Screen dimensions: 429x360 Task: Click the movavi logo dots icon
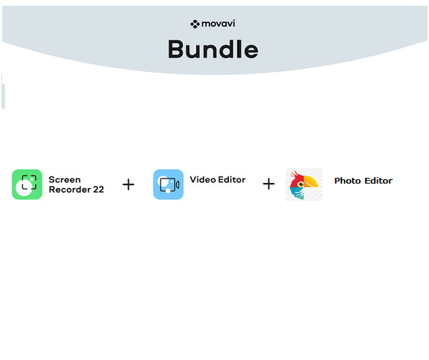click(x=195, y=24)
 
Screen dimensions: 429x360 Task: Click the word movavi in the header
click(x=218, y=24)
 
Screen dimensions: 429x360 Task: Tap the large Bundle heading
click(x=213, y=49)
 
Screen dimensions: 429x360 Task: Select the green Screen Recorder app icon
click(x=27, y=184)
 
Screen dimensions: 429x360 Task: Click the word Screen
click(x=65, y=179)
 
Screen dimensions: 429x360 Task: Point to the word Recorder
click(x=70, y=189)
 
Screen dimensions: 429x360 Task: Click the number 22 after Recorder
click(x=99, y=189)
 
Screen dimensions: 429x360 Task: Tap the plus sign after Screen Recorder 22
click(x=128, y=184)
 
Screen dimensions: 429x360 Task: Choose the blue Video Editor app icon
click(x=168, y=184)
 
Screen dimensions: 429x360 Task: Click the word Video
click(x=203, y=179)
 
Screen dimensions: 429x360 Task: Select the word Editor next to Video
click(x=232, y=179)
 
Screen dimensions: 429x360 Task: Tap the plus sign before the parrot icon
click(x=268, y=184)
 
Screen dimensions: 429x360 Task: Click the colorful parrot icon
click(x=304, y=184)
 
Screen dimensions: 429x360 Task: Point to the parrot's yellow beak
click(x=311, y=181)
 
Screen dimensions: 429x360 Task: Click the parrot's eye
click(x=301, y=184)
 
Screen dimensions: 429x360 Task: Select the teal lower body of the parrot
click(x=297, y=193)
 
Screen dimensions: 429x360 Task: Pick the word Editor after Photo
click(x=379, y=181)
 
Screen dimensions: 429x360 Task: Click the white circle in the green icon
click(x=23, y=188)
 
